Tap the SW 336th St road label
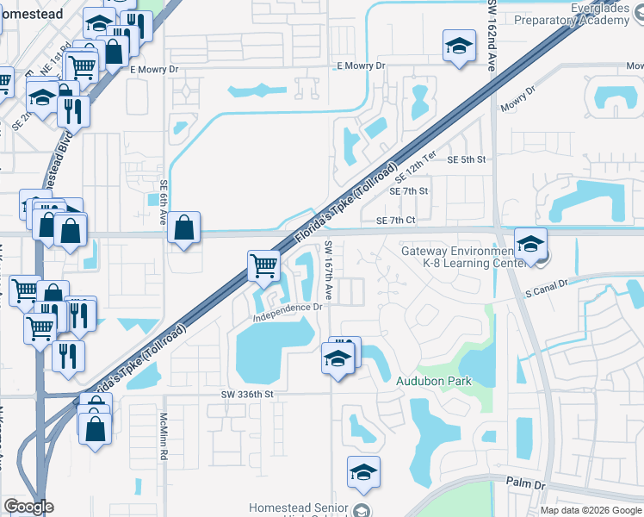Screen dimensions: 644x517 click(246, 394)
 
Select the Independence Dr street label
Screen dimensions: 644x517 click(288, 311)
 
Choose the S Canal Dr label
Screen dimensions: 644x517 click(547, 288)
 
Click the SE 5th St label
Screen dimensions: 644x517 click(466, 159)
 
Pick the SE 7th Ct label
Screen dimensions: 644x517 click(395, 221)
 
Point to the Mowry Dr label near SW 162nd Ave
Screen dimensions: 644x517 click(518, 99)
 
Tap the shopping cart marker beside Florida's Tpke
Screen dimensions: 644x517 click(263, 266)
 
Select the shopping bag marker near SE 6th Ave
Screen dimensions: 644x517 click(184, 228)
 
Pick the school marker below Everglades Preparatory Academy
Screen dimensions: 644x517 click(459, 45)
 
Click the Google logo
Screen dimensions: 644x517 click(28, 507)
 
